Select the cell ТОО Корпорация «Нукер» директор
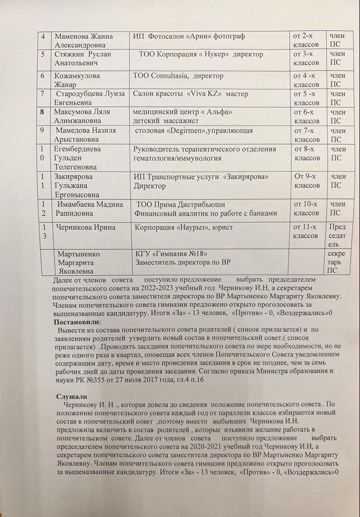point(201,54)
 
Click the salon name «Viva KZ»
point(204,94)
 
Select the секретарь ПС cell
point(336,262)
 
